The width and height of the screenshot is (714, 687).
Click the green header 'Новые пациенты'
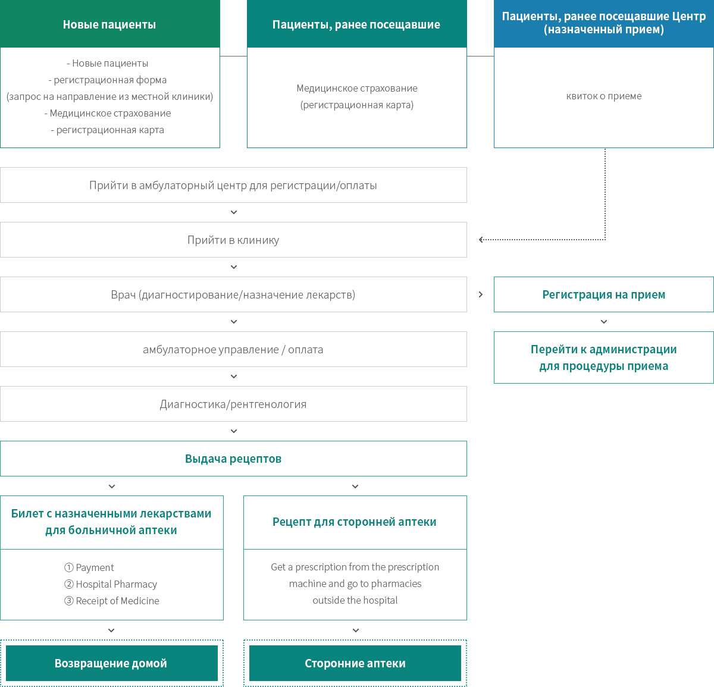[x=109, y=24]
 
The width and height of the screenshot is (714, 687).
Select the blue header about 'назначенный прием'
[x=603, y=24]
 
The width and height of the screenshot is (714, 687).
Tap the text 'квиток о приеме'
[x=603, y=96]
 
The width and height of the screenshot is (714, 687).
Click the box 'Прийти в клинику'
[x=233, y=240]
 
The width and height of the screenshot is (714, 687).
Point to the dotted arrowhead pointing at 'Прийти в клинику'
[x=481, y=240]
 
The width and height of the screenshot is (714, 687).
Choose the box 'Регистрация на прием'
[x=603, y=294]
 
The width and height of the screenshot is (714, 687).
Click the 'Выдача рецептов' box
[x=233, y=459]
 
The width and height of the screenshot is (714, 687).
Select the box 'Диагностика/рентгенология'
[x=233, y=404]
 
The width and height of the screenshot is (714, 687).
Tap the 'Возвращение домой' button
[x=111, y=663]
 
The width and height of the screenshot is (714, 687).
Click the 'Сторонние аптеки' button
[x=355, y=663]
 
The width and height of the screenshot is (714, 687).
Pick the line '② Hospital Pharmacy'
[x=111, y=584]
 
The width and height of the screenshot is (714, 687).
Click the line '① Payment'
[x=89, y=567]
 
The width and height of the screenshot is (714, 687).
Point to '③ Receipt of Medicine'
[x=111, y=600]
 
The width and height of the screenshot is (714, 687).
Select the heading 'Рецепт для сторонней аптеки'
[x=355, y=522]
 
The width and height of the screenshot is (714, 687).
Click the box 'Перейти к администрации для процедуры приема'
[x=603, y=357]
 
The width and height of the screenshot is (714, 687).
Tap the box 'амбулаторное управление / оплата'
[x=233, y=349]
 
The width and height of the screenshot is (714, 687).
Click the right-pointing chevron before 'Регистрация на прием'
[x=481, y=294]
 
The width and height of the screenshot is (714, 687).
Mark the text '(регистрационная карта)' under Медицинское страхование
[x=356, y=105]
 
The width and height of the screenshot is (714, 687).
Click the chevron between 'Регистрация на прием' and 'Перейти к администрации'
[x=603, y=322]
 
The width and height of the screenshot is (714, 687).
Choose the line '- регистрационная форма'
[x=108, y=80]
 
